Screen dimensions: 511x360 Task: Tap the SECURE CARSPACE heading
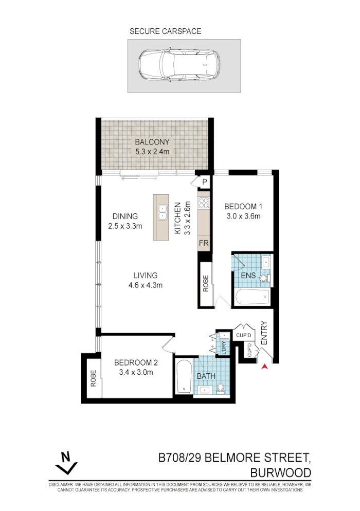[165, 31]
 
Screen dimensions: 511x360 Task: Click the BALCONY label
[152, 142]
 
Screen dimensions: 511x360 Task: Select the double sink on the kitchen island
[163, 211]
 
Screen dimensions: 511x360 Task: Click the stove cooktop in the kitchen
[203, 202]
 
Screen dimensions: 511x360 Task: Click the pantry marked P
[204, 181]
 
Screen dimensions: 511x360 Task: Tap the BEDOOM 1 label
[243, 207]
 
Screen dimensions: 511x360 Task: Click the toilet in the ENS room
[264, 278]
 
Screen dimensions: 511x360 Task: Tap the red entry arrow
[265, 366]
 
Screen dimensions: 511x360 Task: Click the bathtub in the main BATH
[184, 378]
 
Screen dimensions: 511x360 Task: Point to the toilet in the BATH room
[220, 387]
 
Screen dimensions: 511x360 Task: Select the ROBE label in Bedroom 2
[94, 379]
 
